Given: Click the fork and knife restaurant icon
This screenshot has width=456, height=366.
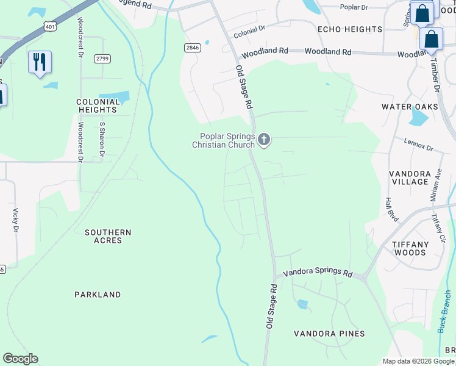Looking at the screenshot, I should (x=40, y=62).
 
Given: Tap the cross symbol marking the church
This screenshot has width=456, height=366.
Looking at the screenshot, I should (x=264, y=140).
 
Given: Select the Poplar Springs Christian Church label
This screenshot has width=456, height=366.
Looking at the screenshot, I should (x=223, y=141).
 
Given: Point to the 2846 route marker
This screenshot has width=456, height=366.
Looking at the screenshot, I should (x=193, y=48).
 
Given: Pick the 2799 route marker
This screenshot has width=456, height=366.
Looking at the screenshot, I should (x=102, y=59).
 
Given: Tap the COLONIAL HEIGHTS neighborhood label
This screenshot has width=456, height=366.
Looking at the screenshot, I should (x=96, y=106).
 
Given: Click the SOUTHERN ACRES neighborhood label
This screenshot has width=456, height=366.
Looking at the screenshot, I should (x=108, y=237).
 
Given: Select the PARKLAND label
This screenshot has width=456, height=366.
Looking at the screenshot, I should (x=98, y=295).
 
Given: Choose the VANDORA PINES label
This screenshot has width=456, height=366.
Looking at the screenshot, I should (x=329, y=334).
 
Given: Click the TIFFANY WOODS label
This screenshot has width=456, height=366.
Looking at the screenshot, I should (x=410, y=248).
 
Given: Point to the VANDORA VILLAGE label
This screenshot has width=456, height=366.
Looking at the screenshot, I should (x=410, y=178).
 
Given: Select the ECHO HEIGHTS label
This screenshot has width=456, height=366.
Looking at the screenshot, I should (x=349, y=29).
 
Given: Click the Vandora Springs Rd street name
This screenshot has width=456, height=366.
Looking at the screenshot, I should (x=318, y=272).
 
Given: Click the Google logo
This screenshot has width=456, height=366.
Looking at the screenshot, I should (x=20, y=359).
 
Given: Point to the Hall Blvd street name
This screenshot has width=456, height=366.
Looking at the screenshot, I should (x=388, y=207).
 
